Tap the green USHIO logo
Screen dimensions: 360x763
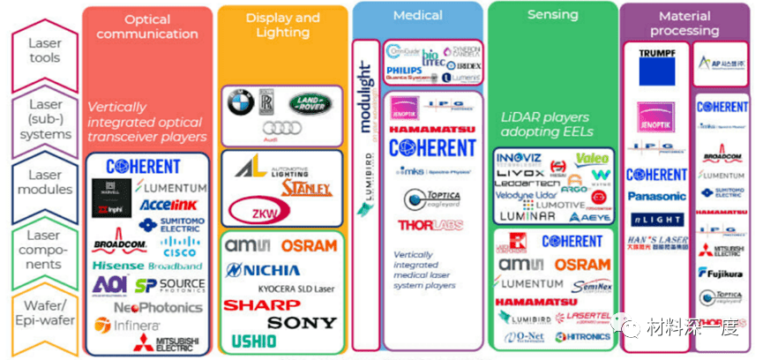pos(254,341)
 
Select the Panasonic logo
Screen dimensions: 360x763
pos(656,196)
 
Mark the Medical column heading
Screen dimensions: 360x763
pos(417,15)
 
